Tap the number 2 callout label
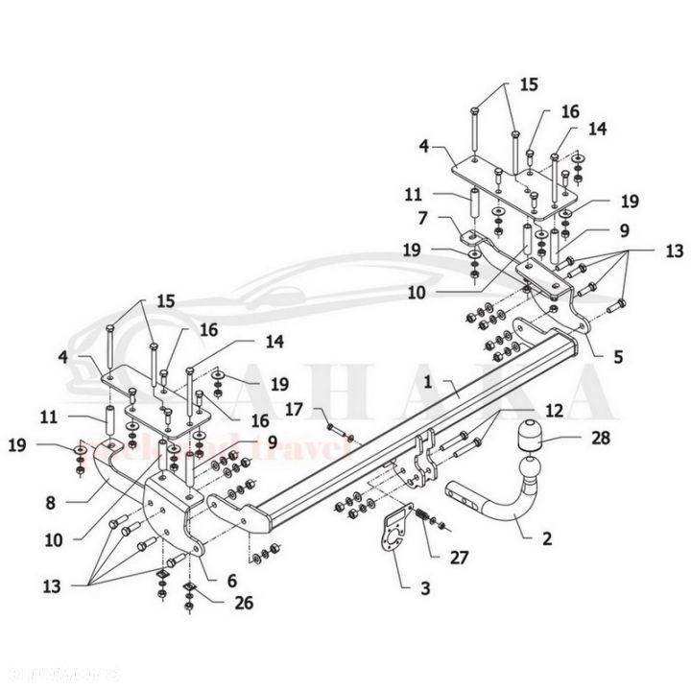point(547,538)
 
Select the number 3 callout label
point(397,584)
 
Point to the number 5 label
point(619,356)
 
